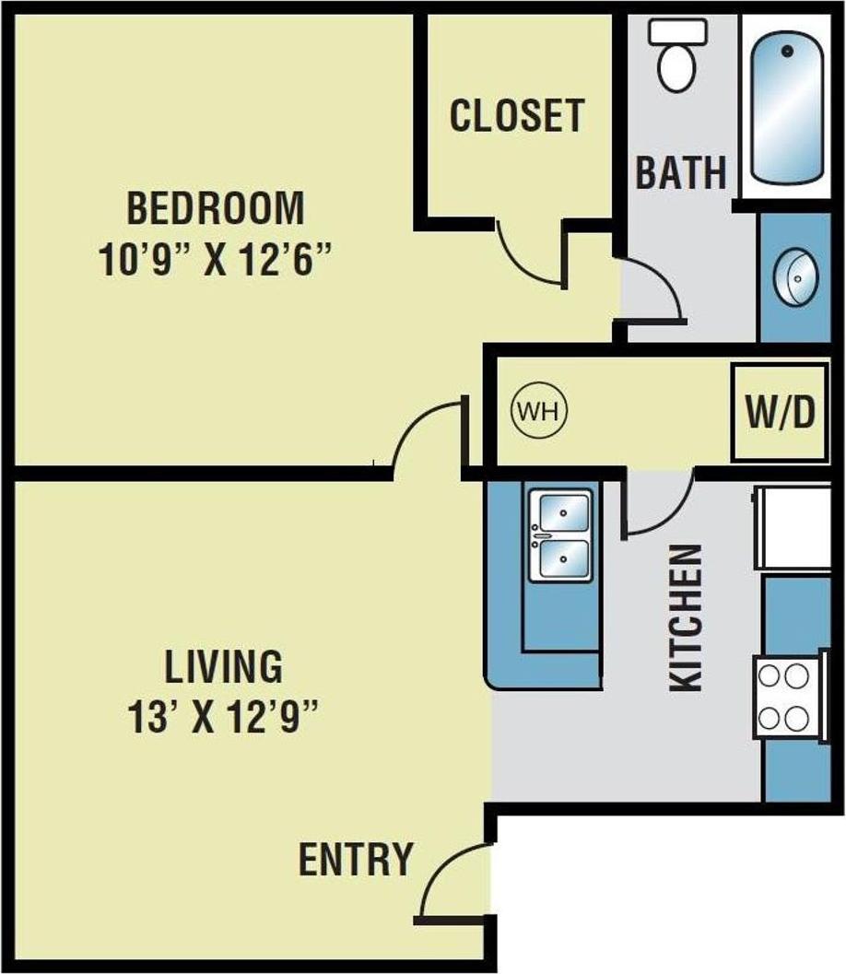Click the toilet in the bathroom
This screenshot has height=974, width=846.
pos(678,55)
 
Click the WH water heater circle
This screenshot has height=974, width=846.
pos(539,411)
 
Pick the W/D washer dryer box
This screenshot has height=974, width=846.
pos(780,413)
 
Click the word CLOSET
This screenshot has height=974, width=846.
pos(516,116)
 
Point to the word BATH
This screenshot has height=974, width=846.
pos(681,172)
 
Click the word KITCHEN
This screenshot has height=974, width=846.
pos(687,617)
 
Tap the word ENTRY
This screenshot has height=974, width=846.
pos(355,859)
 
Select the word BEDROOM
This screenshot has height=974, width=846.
pos(215,208)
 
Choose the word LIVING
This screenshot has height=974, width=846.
pos(223,665)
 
